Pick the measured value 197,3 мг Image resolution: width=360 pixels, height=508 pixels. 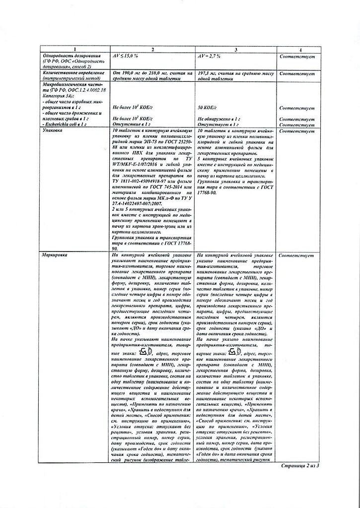click(x=208, y=73)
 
